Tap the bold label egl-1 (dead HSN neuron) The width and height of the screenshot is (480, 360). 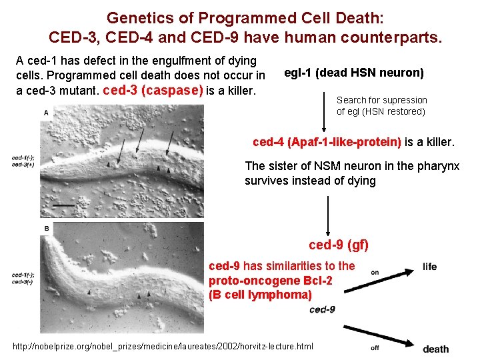click(353, 73)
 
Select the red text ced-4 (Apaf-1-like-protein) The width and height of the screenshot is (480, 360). click(327, 142)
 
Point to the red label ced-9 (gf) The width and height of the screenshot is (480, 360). click(339, 245)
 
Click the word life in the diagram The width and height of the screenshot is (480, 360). click(429, 267)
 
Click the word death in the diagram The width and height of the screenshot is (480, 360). click(435, 349)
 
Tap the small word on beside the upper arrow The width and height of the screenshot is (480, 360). click(375, 272)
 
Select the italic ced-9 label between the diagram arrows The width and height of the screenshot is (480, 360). click(322, 309)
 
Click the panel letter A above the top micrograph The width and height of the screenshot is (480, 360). click(45, 113)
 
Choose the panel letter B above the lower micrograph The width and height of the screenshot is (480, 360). click(45, 229)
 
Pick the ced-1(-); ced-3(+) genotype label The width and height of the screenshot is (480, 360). click(23, 161)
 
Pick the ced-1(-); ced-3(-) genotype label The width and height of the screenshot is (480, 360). click(23, 278)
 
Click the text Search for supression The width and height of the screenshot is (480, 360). click(381, 100)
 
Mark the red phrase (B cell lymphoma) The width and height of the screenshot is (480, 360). click(260, 294)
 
